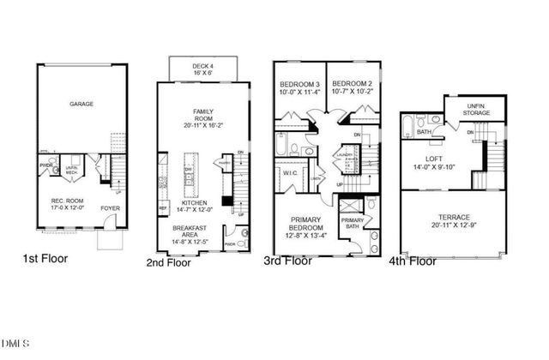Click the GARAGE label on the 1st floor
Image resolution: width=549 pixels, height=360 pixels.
[82, 105]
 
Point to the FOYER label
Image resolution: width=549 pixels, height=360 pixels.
[110, 207]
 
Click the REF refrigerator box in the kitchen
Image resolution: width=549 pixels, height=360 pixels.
[162, 207]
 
